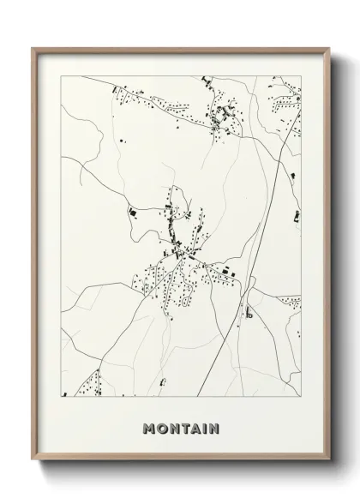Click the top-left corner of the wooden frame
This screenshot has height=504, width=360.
pos(33,47)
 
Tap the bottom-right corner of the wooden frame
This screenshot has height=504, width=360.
pos(327,471)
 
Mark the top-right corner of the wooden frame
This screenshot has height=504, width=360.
pos(327,47)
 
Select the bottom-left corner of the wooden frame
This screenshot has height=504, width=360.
pos(33,471)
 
